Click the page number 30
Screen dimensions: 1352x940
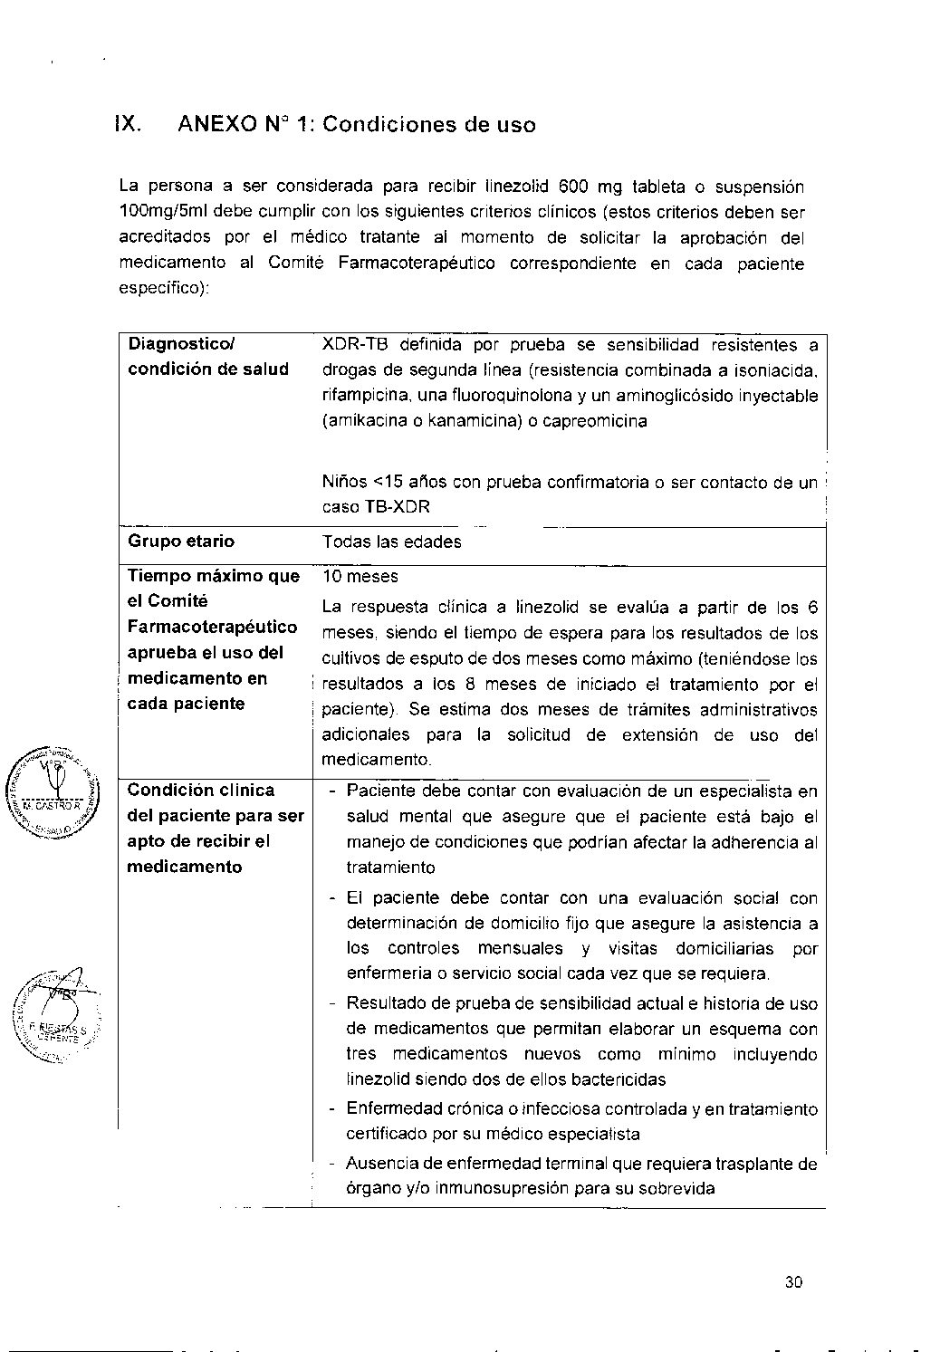point(794,1281)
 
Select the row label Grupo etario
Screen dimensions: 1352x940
point(181,542)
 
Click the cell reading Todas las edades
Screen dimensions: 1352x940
point(391,542)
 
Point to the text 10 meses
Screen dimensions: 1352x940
point(360,577)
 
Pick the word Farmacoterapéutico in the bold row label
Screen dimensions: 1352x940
point(212,627)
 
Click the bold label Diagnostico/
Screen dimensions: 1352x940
point(181,344)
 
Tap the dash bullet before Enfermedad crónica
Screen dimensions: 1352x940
point(332,1109)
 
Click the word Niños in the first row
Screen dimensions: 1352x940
point(344,482)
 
